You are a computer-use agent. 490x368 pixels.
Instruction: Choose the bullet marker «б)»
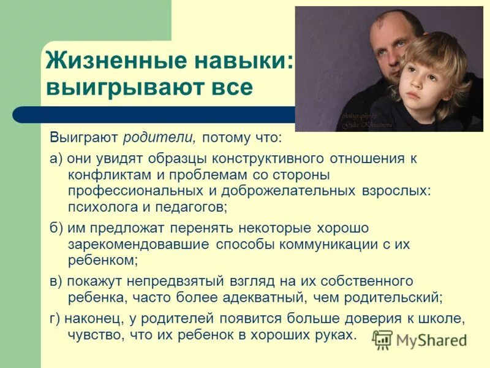click(x=56, y=228)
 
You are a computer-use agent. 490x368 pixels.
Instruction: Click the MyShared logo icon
click(x=382, y=339)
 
